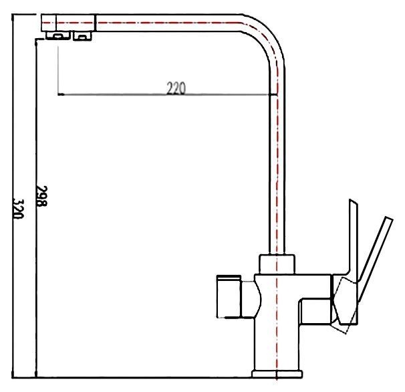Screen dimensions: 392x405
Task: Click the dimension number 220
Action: click(x=175, y=88)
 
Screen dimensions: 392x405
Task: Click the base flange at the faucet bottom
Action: click(x=276, y=373)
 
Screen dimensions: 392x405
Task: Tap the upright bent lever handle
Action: click(x=350, y=234)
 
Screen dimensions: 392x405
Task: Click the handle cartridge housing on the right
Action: click(x=344, y=304)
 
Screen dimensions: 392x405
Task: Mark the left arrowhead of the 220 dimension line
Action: click(x=61, y=95)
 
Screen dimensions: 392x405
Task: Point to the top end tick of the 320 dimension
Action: click(x=23, y=13)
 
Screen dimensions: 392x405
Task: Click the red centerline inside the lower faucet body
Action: click(x=275, y=321)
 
